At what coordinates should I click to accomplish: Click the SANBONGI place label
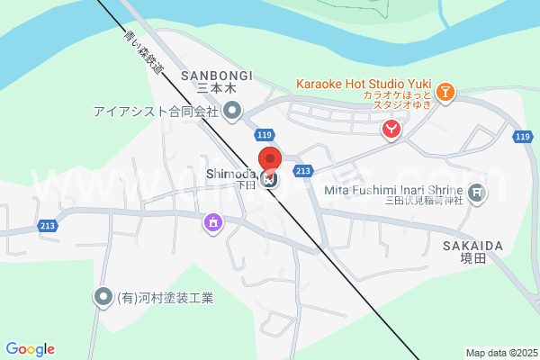pyautogui.click(x=217, y=75)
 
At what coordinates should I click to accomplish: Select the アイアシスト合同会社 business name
pyautogui.click(x=156, y=112)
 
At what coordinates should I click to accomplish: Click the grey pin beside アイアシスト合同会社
pyautogui.click(x=232, y=112)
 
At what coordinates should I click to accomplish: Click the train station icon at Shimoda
pyautogui.click(x=271, y=179)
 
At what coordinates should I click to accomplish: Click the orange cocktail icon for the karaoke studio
pyautogui.click(x=445, y=91)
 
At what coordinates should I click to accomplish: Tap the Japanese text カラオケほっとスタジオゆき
pyautogui.click(x=398, y=100)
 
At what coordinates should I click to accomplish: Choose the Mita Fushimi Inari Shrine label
pyautogui.click(x=391, y=190)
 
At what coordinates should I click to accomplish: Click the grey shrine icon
pyautogui.click(x=476, y=191)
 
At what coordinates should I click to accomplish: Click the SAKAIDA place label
pyautogui.click(x=472, y=245)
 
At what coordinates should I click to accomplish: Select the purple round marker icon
pyautogui.click(x=213, y=221)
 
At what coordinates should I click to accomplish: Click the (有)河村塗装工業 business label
pyautogui.click(x=166, y=297)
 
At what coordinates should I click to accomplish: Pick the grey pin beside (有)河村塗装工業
pyautogui.click(x=103, y=296)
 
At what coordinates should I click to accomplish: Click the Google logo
pyautogui.click(x=30, y=349)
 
